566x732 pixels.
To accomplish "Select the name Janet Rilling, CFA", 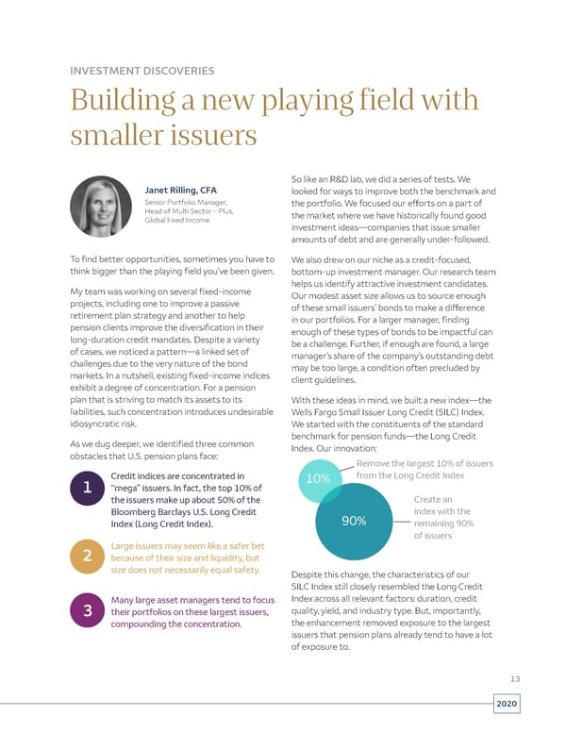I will [x=180, y=191].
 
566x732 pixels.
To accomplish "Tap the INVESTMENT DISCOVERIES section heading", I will [x=142, y=70].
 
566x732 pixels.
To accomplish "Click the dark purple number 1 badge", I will [x=87, y=490].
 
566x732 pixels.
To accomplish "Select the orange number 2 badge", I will [x=87, y=557].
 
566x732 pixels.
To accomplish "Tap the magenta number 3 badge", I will [x=87, y=612].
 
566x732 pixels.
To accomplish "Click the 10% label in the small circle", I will [x=319, y=479].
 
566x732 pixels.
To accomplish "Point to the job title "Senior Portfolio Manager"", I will [x=185, y=203].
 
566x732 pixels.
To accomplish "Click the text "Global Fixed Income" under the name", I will [x=178, y=221].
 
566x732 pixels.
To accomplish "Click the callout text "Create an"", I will [x=434, y=499].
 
